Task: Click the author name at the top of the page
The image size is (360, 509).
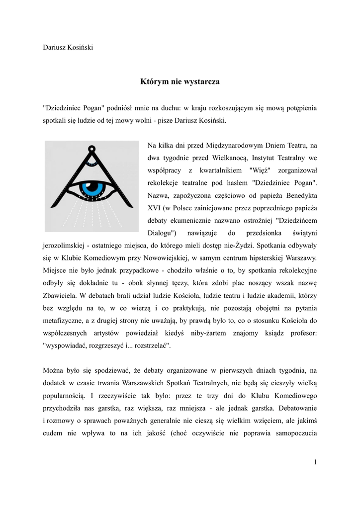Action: pyautogui.click(x=68, y=47)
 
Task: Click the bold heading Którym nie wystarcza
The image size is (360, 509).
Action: pyautogui.click(x=180, y=81)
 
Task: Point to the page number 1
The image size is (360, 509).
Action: pyautogui.click(x=315, y=462)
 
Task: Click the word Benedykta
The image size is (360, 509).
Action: pyautogui.click(x=299, y=195)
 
